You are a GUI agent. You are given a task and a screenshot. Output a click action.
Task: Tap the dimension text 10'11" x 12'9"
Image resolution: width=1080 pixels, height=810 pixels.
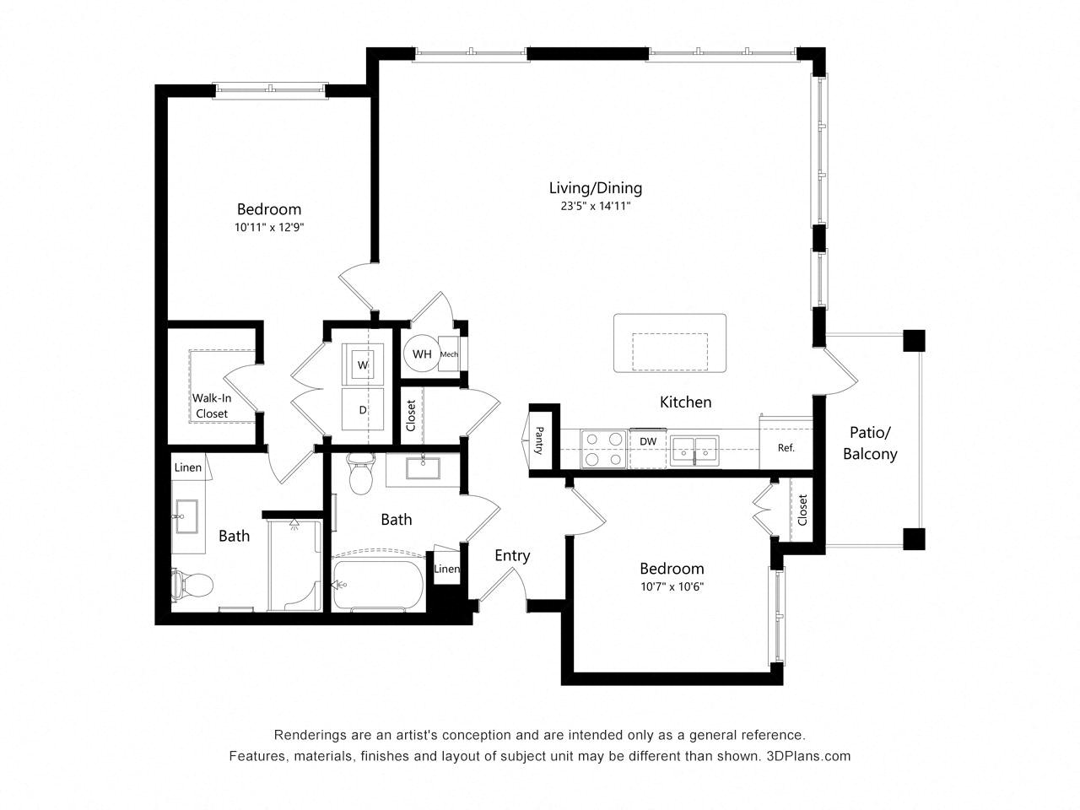coord(269,227)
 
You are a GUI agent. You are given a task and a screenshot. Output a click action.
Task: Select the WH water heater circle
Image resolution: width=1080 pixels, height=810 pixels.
coord(422,354)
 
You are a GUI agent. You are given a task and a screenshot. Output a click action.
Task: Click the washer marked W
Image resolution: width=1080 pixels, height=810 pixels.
coord(363,364)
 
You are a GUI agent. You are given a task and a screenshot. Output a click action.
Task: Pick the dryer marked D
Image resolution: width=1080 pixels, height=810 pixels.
coord(363,409)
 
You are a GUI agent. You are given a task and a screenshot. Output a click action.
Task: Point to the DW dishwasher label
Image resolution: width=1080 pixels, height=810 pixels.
coord(647,441)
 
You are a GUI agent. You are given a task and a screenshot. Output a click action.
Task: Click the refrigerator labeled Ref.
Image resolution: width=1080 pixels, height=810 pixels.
coord(786,443)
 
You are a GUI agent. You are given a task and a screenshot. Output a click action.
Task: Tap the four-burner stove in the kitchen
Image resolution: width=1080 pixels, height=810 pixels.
coord(603,449)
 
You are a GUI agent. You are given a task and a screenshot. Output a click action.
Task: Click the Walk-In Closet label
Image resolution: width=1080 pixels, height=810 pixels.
coord(212,406)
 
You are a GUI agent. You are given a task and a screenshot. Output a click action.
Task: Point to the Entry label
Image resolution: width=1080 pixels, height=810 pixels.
coord(512,555)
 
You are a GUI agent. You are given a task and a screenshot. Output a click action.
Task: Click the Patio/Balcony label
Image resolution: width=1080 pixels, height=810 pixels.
coord(870,443)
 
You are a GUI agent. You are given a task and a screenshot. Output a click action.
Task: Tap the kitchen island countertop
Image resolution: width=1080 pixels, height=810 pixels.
coord(670,343)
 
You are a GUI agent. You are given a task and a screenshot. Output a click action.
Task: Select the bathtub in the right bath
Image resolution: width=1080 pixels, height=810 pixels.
coord(377,586)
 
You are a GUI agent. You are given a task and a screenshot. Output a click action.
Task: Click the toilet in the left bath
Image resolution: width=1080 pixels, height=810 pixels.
coord(192,586)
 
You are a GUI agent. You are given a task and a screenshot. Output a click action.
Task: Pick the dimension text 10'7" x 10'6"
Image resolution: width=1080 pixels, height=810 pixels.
coord(672,586)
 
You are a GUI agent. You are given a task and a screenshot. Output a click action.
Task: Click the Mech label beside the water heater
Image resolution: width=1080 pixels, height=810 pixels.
coord(449,354)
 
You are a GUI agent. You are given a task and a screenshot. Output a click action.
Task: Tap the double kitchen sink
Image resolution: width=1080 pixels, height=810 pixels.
coord(694,451)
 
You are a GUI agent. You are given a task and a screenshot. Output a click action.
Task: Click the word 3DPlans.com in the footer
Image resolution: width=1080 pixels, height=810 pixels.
coord(808,756)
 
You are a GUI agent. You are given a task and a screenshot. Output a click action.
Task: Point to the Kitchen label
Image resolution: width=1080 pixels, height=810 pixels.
coord(685,402)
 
